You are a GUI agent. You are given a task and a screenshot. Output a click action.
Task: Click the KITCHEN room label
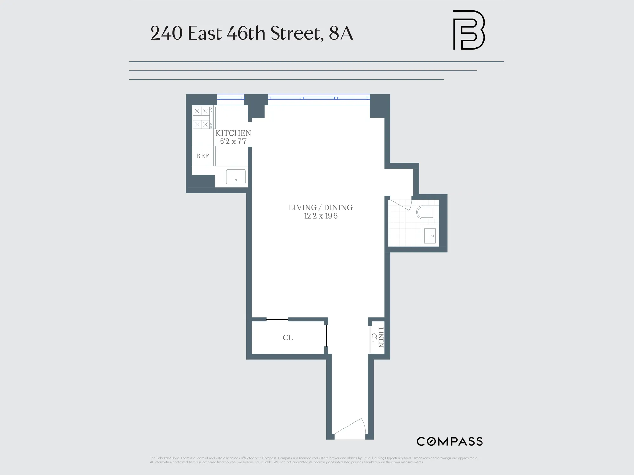pos(233,133)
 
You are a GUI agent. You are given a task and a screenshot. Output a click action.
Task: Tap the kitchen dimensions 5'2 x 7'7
pos(233,142)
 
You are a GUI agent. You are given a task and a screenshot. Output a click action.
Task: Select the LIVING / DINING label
pos(320,207)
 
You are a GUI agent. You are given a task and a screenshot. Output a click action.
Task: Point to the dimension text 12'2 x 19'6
pos(320,216)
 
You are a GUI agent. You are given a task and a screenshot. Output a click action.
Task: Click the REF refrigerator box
pos(203,156)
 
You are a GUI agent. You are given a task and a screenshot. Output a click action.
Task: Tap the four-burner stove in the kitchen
pos(202,117)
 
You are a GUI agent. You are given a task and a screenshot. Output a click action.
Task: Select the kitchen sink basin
pos(236,177)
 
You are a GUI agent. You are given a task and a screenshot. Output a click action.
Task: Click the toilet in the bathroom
pos(426,212)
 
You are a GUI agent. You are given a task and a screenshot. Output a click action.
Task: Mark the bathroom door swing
pos(401,204)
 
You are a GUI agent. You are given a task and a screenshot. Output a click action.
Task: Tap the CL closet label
pos(288,338)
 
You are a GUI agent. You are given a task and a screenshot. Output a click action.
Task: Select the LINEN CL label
pos(378,338)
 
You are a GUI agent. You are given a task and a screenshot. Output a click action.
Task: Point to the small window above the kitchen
pos(230,98)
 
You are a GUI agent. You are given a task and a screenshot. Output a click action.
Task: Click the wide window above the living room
pos(319,98)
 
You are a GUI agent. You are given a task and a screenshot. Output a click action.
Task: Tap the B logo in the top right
pos(469,30)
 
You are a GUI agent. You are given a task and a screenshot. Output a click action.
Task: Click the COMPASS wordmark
pos(450,441)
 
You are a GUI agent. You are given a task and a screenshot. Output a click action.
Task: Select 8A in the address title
pos(341,33)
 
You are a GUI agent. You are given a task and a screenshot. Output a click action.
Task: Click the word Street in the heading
pos(297,33)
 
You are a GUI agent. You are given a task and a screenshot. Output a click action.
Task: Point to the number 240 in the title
pos(166,33)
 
